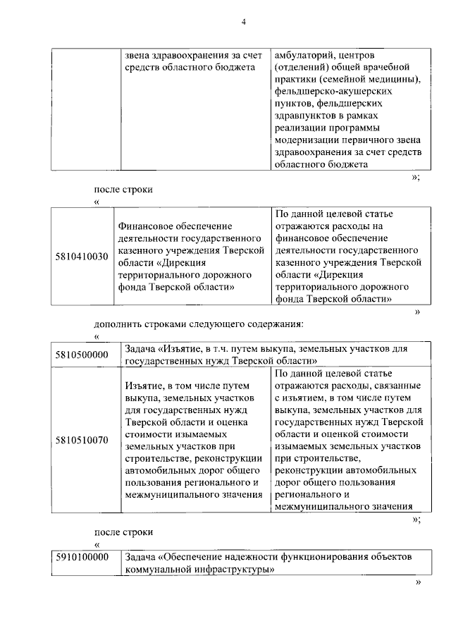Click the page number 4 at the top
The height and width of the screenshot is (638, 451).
[x=244, y=22]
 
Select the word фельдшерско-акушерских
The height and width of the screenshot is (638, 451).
[x=324, y=92]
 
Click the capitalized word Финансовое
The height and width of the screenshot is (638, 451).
[x=147, y=225]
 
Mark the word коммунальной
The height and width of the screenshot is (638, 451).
[x=156, y=569]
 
